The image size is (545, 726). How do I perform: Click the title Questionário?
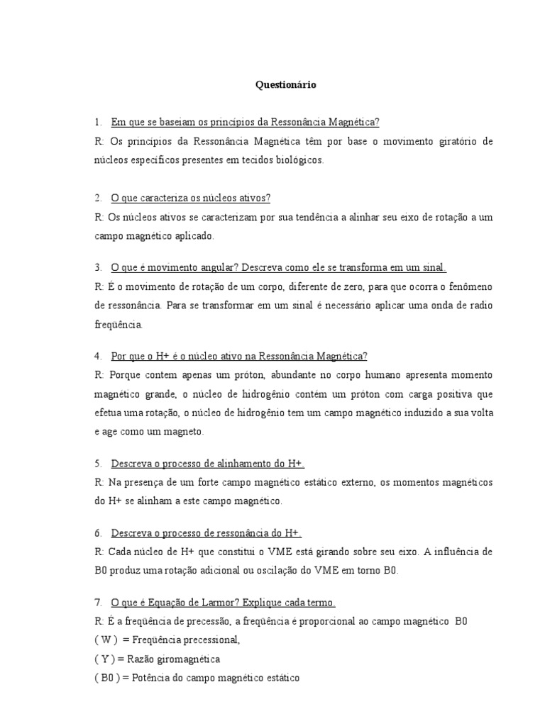point(286,85)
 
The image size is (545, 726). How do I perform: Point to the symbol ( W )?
point(105,640)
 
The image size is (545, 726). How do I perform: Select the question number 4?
point(98,356)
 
